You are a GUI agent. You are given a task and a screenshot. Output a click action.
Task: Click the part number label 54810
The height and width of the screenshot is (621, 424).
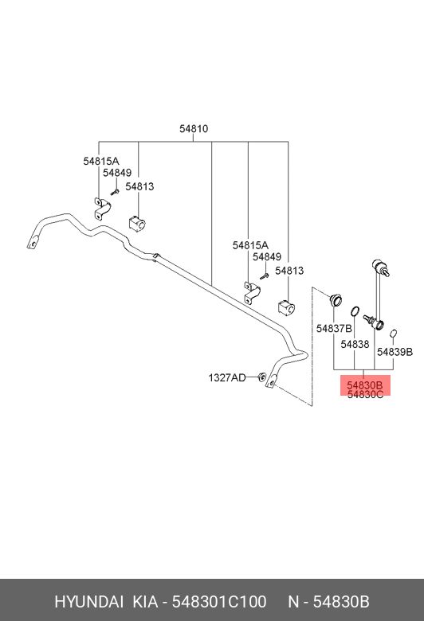pyautogui.click(x=194, y=129)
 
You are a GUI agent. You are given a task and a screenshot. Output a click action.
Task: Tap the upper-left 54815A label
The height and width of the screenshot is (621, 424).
pyautogui.click(x=101, y=161)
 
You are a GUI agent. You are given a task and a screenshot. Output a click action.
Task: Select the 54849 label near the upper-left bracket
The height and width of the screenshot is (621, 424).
pyautogui.click(x=117, y=173)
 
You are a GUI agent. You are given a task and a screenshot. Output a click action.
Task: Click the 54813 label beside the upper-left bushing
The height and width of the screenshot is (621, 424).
pyautogui.click(x=139, y=186)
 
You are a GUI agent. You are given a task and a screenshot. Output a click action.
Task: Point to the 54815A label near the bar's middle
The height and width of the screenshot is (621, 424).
pyautogui.click(x=250, y=245)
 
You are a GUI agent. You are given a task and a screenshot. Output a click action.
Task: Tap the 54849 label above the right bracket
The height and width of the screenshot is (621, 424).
pyautogui.click(x=267, y=257)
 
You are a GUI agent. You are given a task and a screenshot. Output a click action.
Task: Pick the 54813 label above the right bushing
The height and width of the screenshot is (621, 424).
pyautogui.click(x=289, y=271)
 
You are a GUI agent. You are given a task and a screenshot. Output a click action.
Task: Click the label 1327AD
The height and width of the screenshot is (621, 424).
pyautogui.click(x=227, y=378)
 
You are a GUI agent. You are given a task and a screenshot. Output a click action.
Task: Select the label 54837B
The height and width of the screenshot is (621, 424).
pyautogui.click(x=334, y=329)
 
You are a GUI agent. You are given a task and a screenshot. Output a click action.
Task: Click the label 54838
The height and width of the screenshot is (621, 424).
pyautogui.click(x=355, y=345)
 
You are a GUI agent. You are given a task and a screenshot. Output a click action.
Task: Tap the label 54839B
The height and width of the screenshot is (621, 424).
pyautogui.click(x=395, y=352)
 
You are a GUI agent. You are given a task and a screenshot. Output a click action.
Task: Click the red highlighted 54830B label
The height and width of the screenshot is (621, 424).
pyautogui.click(x=365, y=385)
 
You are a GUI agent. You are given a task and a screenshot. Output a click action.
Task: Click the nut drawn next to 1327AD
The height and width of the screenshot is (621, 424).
pyautogui.click(x=261, y=377)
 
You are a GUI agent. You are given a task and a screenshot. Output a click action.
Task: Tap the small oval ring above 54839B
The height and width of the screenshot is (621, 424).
pyautogui.click(x=394, y=334)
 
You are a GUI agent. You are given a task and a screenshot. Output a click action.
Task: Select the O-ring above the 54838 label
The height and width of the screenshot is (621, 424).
pyautogui.click(x=355, y=311)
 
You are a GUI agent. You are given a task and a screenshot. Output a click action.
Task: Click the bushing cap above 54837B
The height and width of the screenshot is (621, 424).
pyautogui.click(x=336, y=300)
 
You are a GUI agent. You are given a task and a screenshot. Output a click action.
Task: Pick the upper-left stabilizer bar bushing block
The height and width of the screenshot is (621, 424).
pyautogui.click(x=137, y=224)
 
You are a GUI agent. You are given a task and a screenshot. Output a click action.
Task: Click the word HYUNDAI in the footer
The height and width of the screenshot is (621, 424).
pyautogui.click(x=88, y=602)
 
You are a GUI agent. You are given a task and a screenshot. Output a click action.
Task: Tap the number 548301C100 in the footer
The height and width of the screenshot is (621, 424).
pyautogui.click(x=219, y=602)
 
